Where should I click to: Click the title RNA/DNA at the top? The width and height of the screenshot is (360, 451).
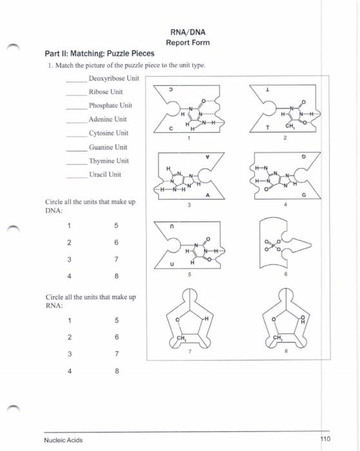[187, 31]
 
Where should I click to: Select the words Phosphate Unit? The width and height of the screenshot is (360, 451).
[110, 105]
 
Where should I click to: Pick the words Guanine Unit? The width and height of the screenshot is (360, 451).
[108, 147]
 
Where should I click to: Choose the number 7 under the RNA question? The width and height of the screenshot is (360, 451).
[116, 353]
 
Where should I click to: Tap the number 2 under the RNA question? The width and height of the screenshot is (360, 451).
[68, 336]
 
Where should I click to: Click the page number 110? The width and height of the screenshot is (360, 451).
[324, 439]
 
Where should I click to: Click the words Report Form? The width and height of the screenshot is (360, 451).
[187, 43]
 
